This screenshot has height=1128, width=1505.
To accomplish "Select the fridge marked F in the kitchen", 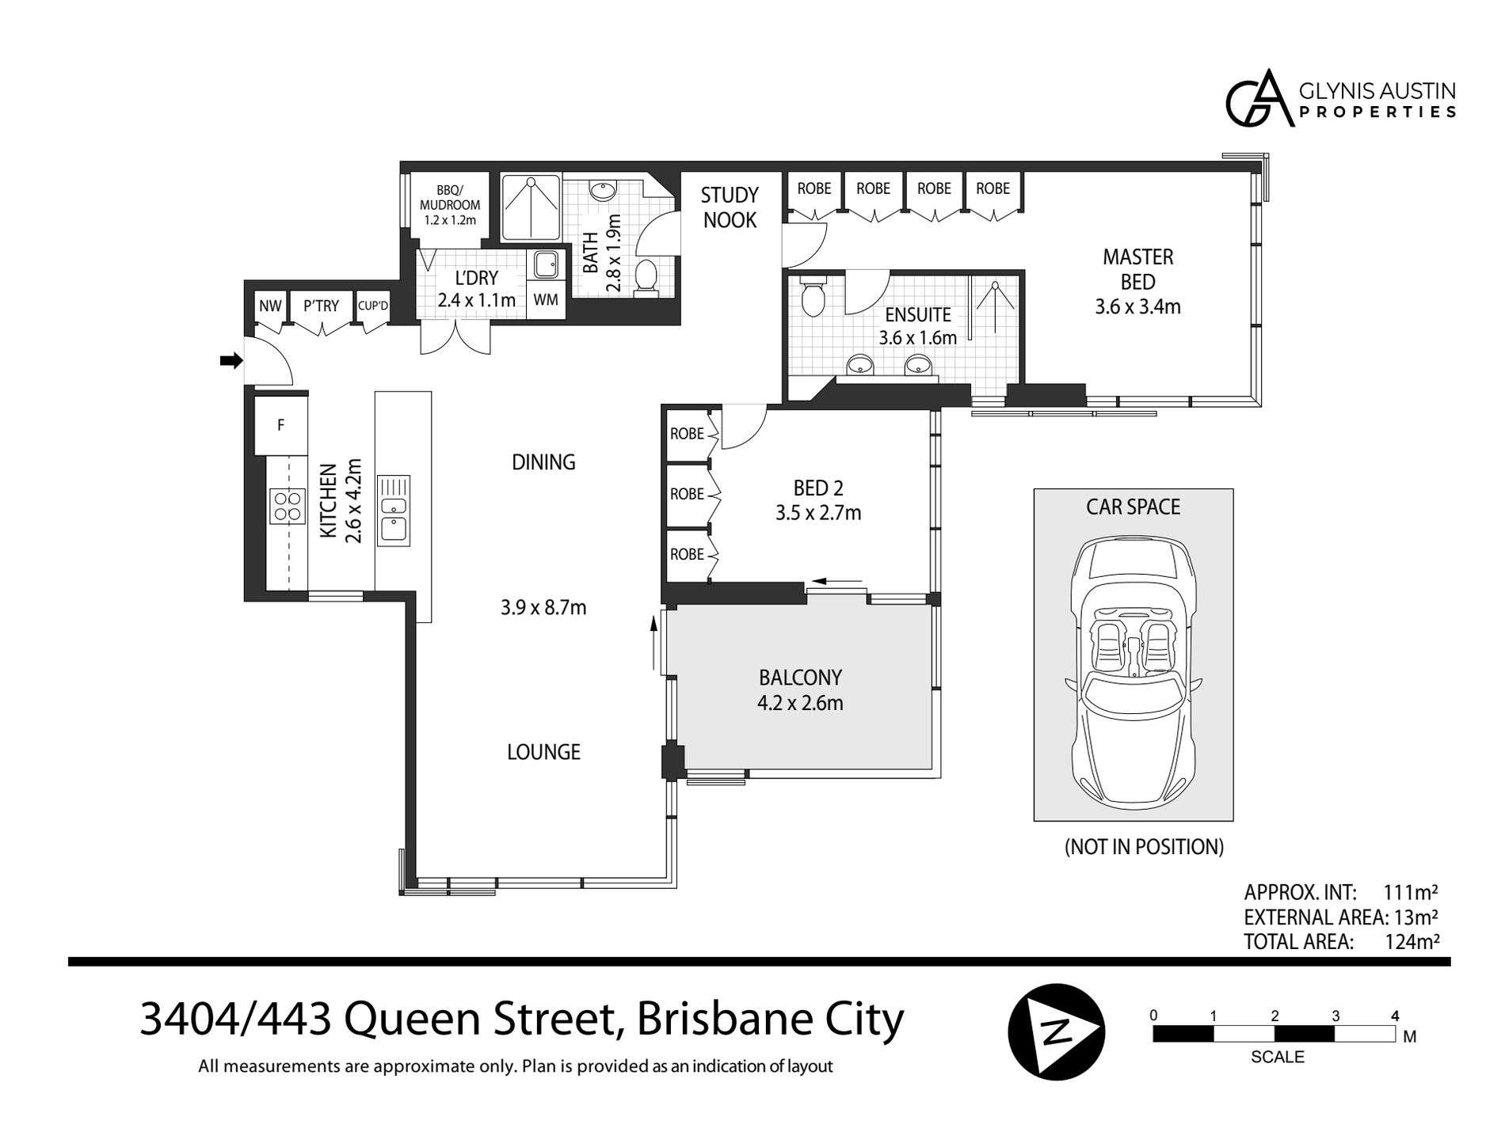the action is click(x=280, y=425).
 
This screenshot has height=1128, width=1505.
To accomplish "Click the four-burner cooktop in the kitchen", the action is click(x=288, y=507).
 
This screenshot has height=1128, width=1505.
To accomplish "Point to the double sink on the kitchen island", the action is click(x=394, y=509).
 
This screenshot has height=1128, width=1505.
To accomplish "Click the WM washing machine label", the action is click(x=546, y=300).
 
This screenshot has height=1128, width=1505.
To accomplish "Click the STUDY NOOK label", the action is click(x=730, y=207).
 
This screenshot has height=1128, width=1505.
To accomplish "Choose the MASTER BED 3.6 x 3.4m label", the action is click(x=1137, y=281).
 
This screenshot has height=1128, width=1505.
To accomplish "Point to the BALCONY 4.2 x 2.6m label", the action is click(x=800, y=689).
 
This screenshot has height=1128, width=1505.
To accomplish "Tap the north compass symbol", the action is click(x=1056, y=1031).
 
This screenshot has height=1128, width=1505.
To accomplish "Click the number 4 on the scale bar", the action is click(x=1395, y=1016).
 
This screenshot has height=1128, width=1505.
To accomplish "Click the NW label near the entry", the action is click(x=270, y=306).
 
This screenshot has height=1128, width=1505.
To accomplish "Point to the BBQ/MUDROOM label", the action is click(x=450, y=204).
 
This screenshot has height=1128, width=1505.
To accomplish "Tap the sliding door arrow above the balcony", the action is click(x=837, y=581).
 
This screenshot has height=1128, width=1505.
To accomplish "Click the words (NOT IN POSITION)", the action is click(x=1144, y=847).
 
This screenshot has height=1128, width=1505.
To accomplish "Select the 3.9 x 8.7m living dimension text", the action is click(x=543, y=608).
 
